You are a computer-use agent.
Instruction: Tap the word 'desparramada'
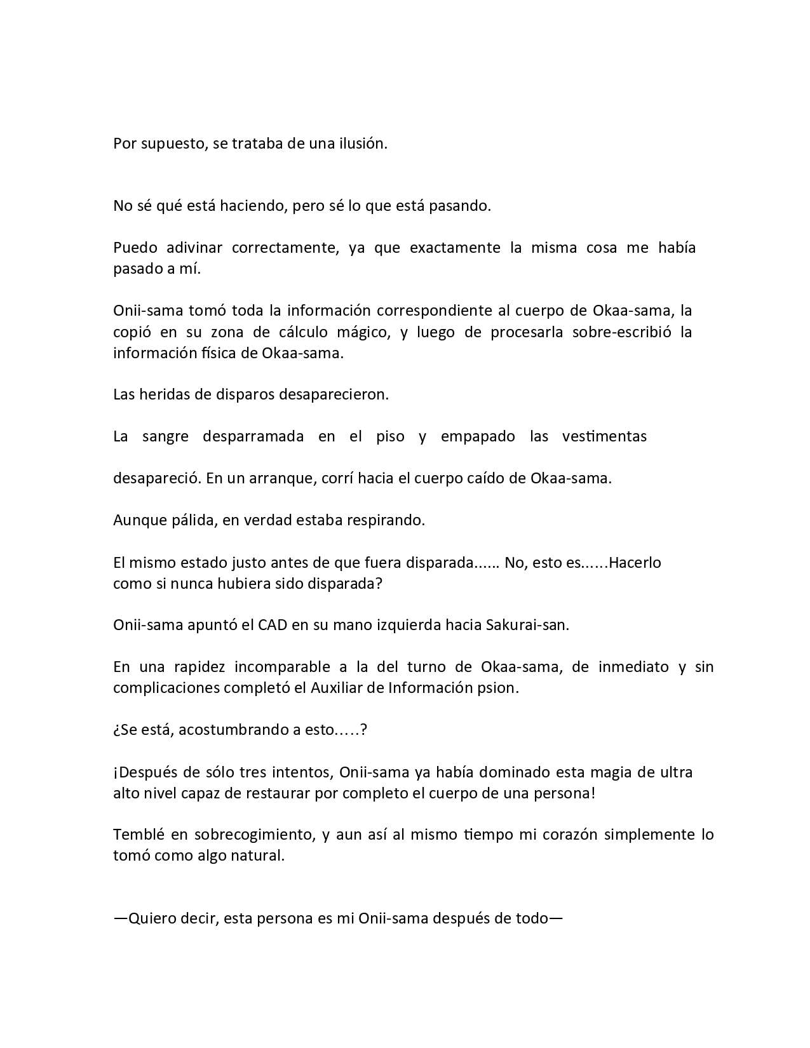point(253,437)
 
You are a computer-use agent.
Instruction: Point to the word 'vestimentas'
point(604,436)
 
